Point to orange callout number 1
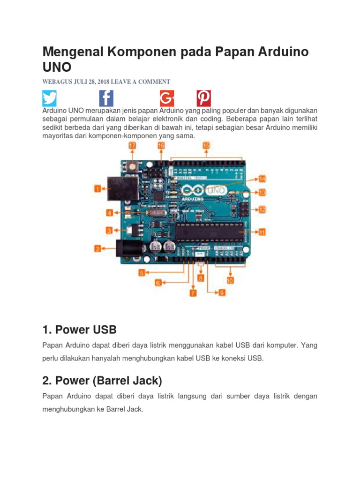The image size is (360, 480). coord(97,189)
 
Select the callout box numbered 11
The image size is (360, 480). coord(262,232)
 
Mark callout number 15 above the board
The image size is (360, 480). coord(206,146)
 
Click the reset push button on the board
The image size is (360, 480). coord(133,165)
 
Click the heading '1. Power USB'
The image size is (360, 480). coord(79,329)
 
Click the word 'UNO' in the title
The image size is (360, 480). coord(57,68)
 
